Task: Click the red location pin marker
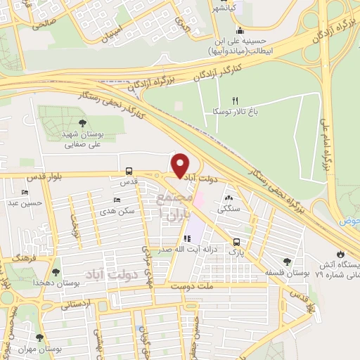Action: pos(181,165)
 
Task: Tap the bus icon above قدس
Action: pos(128,171)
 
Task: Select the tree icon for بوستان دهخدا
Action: pos(56,271)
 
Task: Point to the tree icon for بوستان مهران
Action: pos(39,337)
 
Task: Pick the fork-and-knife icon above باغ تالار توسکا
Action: pos(236,101)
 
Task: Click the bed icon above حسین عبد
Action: pos(26,193)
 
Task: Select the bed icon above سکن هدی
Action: pos(117,201)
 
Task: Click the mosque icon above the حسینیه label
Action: pos(240,30)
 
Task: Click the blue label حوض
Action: pos(352,221)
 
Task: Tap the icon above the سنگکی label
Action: pos(228,199)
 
